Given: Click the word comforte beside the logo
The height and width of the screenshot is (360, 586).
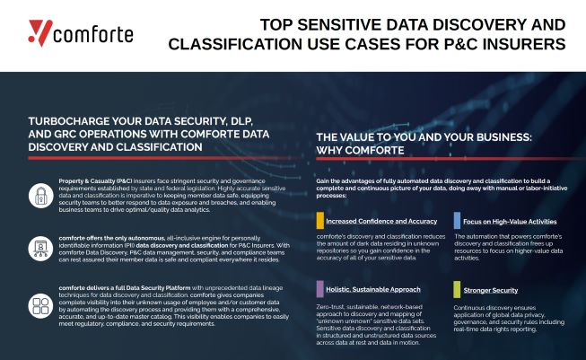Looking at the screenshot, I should coord(93,35).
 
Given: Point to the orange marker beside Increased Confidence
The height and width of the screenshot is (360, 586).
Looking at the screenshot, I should coord(319,221).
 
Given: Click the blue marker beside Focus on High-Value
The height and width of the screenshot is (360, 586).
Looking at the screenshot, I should coord(457,221).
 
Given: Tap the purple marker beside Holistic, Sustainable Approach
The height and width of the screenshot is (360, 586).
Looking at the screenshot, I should coord(319,289).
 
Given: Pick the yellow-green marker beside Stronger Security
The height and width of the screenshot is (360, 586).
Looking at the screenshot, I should coord(457,289).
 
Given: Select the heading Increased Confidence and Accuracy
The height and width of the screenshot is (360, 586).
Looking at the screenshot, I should coord(382,221).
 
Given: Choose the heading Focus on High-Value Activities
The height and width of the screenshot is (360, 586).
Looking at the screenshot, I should coord(510,221).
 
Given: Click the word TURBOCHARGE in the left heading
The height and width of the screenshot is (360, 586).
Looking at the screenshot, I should coord(66,119).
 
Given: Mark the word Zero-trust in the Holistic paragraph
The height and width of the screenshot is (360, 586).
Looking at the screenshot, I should coord(331,305).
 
